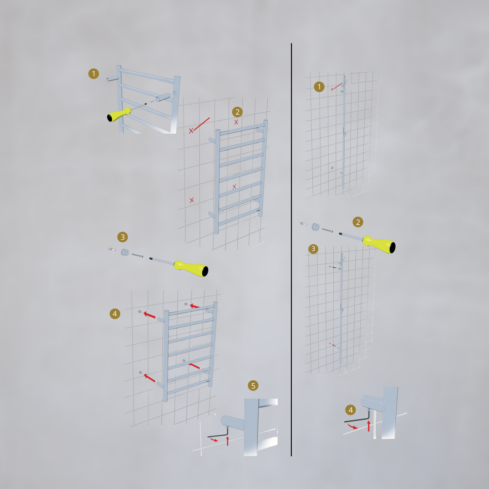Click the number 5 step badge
[x=253, y=386]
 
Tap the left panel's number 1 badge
[x=94, y=73]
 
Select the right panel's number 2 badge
[x=358, y=222]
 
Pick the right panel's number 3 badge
[x=313, y=249]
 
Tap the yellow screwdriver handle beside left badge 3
[x=191, y=268]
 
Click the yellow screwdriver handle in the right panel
[x=379, y=244]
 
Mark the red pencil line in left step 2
[x=202, y=124]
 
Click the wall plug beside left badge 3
[x=112, y=249]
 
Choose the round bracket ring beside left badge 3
[x=125, y=252]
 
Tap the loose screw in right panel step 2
[x=327, y=230]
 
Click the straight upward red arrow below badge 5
[x=228, y=441]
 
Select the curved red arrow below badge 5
[x=214, y=440]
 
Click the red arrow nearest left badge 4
[x=150, y=315]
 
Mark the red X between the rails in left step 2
[x=234, y=186]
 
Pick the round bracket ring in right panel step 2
[x=315, y=227]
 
